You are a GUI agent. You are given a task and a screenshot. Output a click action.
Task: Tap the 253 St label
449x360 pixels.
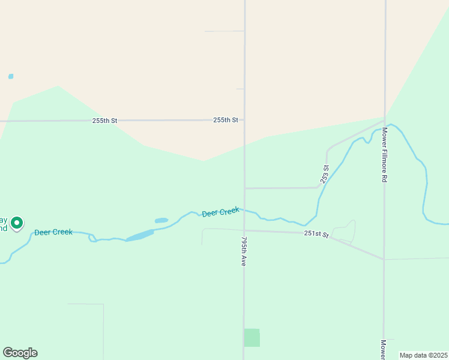pos(325,174)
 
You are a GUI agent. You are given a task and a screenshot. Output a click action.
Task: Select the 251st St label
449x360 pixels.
pos(316,234)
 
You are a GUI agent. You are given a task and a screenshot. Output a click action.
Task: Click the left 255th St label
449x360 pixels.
pos(104,121)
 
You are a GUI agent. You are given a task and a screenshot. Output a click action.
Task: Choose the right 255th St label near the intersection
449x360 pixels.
pos(226,120)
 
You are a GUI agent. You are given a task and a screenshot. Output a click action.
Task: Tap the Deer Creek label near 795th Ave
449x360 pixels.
pos(220,212)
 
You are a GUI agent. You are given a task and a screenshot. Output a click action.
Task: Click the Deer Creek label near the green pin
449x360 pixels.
pos(53,232)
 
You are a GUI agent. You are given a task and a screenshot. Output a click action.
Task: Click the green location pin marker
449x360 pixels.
pos(17,224)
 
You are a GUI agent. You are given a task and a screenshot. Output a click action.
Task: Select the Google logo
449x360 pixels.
pos(20,353)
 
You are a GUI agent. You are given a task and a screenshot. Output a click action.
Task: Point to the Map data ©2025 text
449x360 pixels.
pos(423,355)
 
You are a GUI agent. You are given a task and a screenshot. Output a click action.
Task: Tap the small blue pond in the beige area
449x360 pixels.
pos(11,77)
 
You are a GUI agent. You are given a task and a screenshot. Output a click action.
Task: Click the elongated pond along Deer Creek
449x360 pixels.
pos(140,235)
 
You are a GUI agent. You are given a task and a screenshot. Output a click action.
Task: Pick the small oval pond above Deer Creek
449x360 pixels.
pos(161,221)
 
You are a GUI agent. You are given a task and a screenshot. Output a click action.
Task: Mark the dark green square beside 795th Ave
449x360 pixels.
pos(252,337)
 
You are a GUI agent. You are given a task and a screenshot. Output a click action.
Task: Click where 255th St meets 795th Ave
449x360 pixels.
pos(244,120)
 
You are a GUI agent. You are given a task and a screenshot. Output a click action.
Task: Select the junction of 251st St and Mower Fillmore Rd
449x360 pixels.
pos(384,259)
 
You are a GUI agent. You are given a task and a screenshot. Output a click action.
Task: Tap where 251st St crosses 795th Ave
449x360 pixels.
pos(244,230)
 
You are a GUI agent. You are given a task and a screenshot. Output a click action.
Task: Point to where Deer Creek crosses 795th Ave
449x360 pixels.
pos(244,210)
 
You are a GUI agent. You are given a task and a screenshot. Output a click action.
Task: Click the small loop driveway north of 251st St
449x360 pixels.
pos(344,232)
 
